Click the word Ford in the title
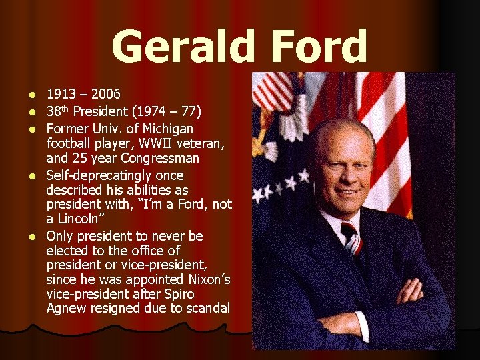317,47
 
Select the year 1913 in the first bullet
61,95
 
